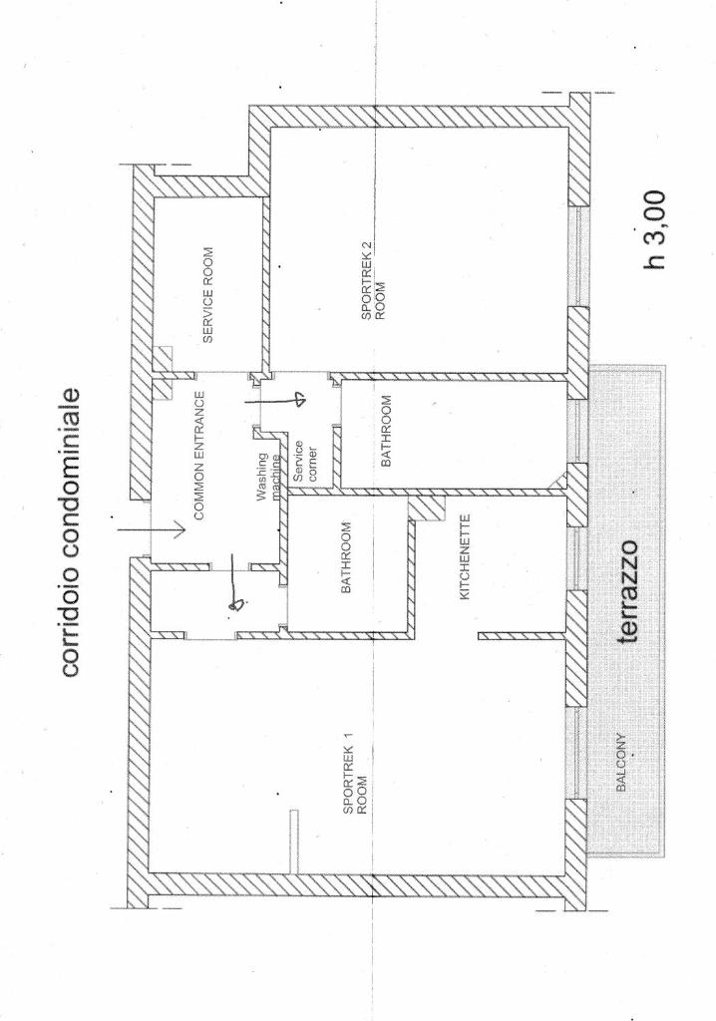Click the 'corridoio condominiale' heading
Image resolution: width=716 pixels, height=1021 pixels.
[71, 532]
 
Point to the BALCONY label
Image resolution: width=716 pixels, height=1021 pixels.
[621, 763]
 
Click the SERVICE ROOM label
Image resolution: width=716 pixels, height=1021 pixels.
[207, 294]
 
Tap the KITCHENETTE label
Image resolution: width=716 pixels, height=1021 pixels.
[465, 557]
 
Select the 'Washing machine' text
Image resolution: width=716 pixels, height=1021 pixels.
[268, 478]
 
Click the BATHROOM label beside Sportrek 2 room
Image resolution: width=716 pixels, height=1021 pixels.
[386, 431]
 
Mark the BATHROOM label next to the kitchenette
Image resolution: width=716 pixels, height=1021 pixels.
[346, 557]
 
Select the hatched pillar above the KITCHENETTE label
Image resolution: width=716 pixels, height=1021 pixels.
[427, 508]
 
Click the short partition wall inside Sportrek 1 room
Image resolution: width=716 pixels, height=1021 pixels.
[294, 841]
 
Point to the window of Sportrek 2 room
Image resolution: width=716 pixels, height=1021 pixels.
[578, 256]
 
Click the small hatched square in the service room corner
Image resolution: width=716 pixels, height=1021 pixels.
[163, 358]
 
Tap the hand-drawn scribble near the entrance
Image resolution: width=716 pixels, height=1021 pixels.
[237, 604]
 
